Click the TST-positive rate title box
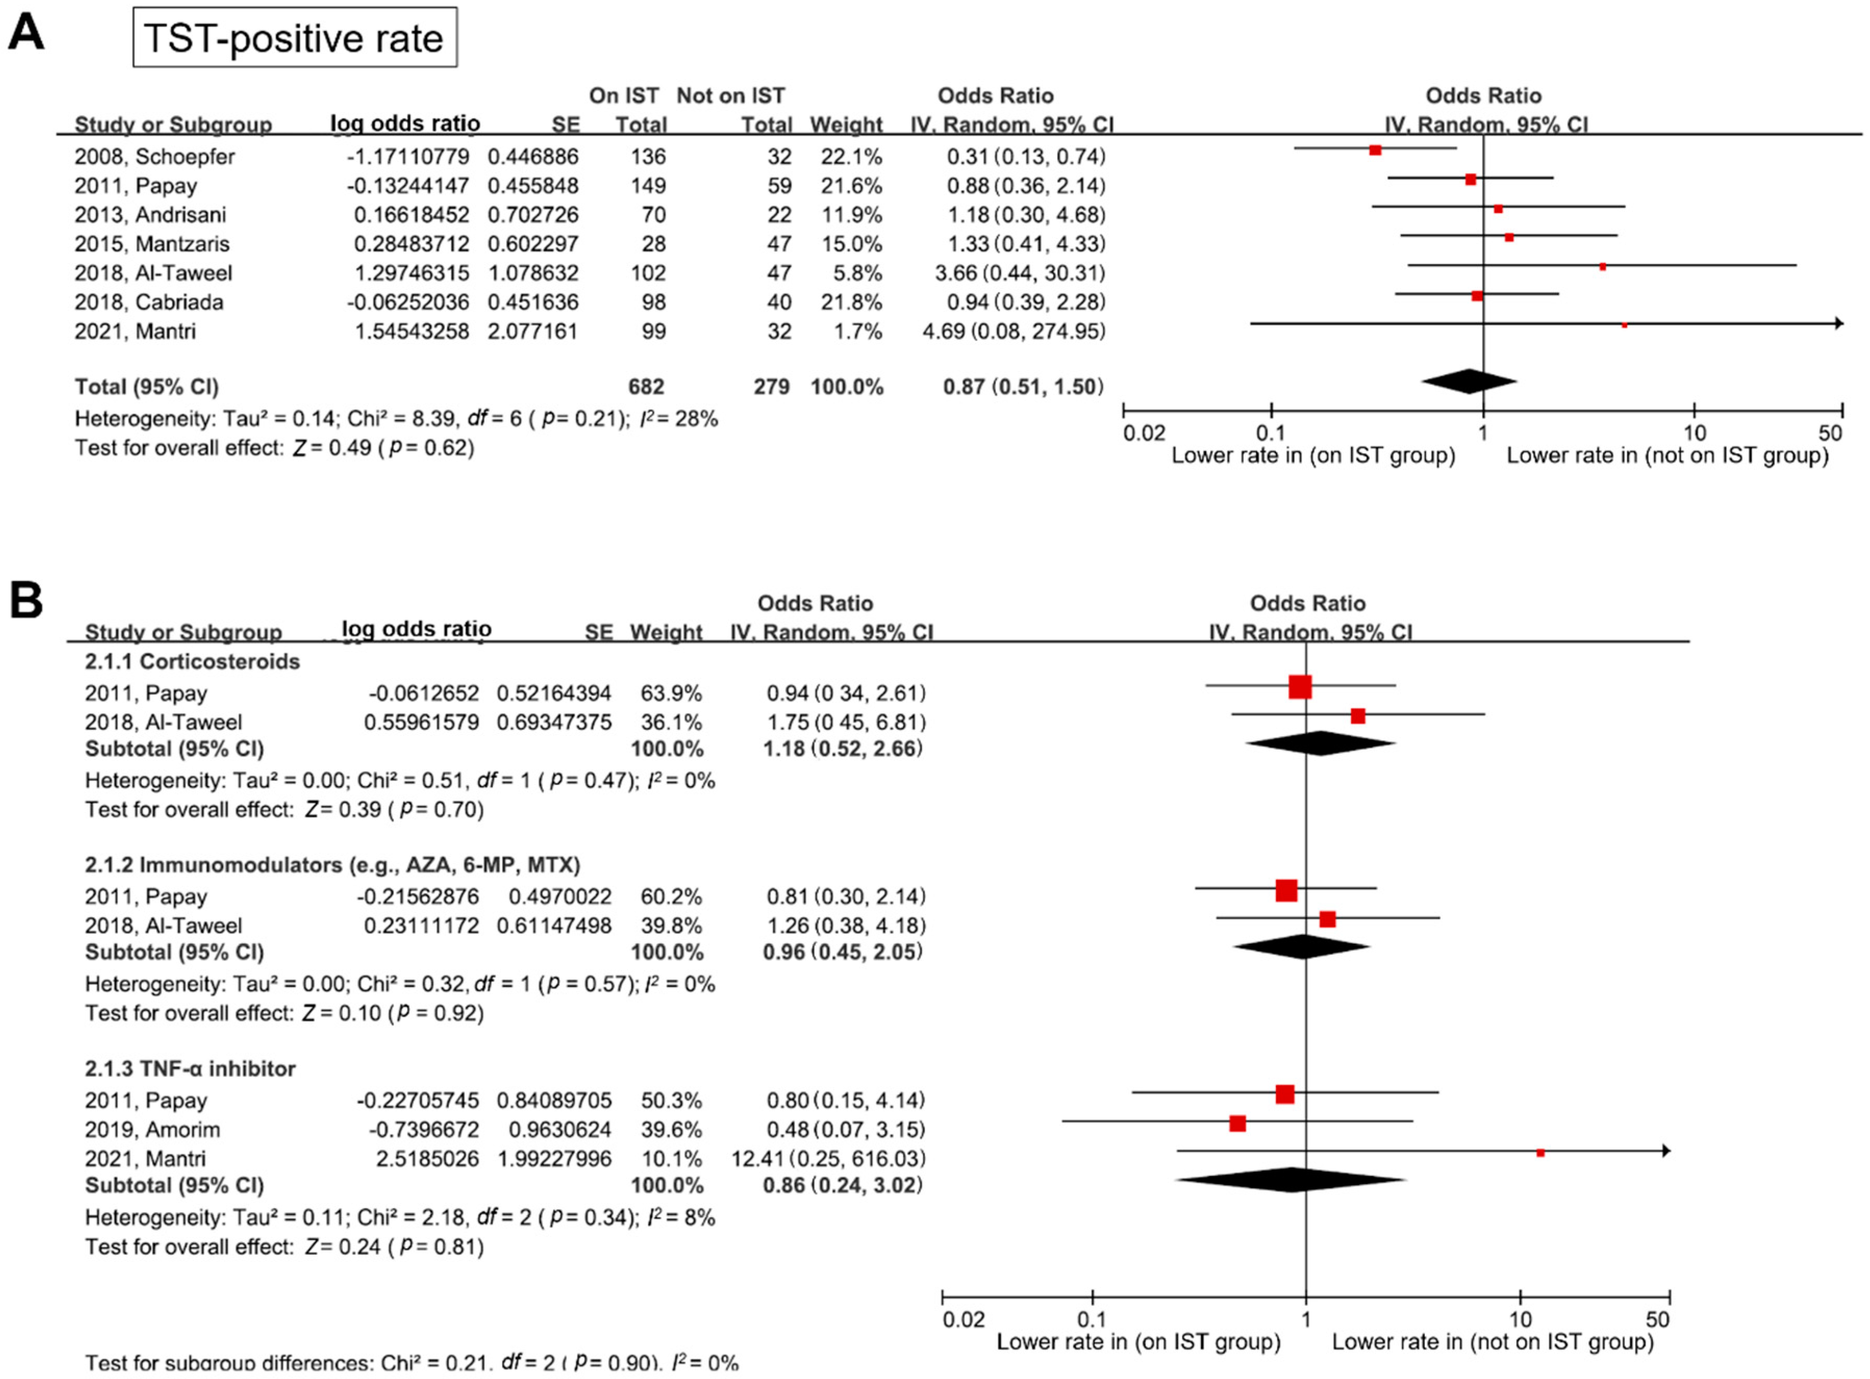[x=295, y=37]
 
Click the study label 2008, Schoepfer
[x=155, y=156]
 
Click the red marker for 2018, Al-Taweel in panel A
[x=1602, y=267]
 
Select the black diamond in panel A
[x=1469, y=382]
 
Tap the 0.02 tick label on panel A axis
[x=1144, y=433]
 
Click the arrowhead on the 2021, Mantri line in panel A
[x=1839, y=323]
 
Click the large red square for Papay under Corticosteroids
[x=1300, y=687]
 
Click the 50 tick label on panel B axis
[x=1657, y=1319]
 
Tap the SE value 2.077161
[x=533, y=332]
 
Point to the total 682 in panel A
[x=646, y=386]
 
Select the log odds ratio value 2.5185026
[x=426, y=1159]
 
